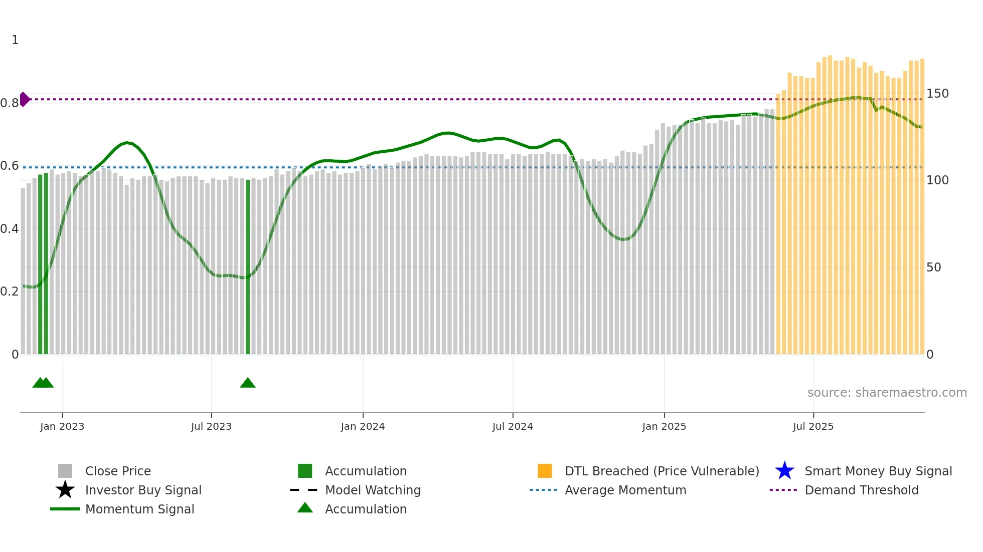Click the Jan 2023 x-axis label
click(x=62, y=426)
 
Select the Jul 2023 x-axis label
click(x=211, y=426)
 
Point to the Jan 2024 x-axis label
click(x=363, y=426)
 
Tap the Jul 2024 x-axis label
click(x=513, y=426)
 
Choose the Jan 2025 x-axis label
click(x=664, y=426)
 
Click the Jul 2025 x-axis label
click(x=813, y=426)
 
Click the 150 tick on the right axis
click(x=937, y=94)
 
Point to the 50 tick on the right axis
click(x=934, y=267)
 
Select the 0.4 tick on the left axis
click(x=10, y=229)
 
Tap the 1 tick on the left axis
click(x=15, y=40)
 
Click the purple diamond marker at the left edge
click(x=24, y=99)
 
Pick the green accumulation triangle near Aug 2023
click(x=248, y=383)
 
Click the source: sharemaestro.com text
click(x=887, y=393)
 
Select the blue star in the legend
click(x=784, y=471)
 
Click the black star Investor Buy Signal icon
click(x=65, y=490)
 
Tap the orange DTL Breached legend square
click(x=545, y=471)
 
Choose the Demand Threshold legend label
click(x=861, y=490)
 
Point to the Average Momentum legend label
click(x=625, y=490)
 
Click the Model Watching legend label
click(x=373, y=490)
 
